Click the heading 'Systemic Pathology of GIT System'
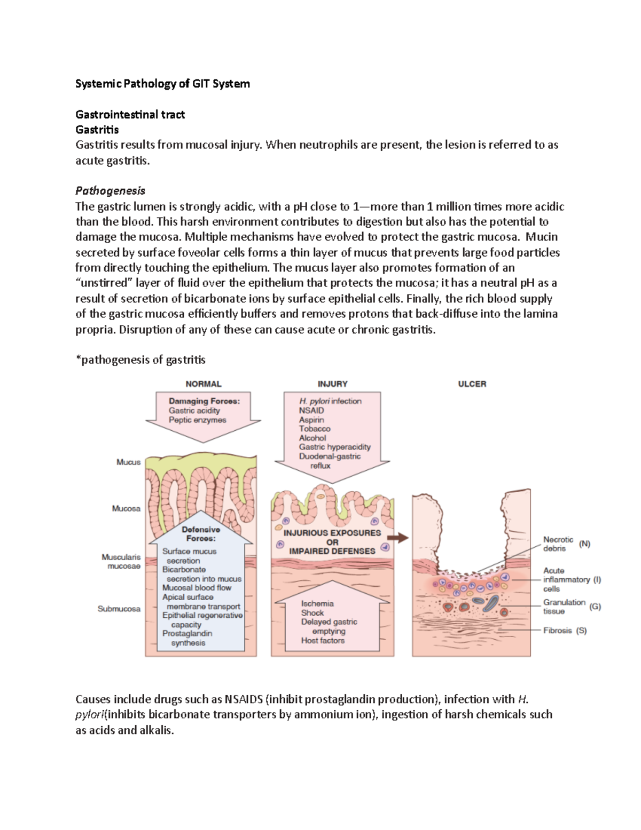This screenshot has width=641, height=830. tap(162, 83)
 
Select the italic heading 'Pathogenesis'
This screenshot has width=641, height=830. tap(110, 191)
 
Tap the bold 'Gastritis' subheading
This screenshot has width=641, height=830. tap(97, 129)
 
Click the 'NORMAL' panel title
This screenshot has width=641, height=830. tap(203, 384)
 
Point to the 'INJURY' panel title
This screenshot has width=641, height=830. tap(332, 384)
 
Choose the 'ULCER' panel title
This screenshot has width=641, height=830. tap(472, 384)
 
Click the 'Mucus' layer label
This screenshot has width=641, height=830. tap(128, 462)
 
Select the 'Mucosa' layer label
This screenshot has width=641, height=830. tap(126, 508)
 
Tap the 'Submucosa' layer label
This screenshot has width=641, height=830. tap(119, 609)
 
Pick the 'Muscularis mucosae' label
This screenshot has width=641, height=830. tap(121, 561)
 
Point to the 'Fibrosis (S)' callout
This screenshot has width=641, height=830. tap(565, 630)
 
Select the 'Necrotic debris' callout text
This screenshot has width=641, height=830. tap(558, 544)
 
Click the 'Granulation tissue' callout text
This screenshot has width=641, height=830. tap(564, 607)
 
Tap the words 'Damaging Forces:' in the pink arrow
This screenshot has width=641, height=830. tap(204, 401)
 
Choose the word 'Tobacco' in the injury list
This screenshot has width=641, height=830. tap(315, 429)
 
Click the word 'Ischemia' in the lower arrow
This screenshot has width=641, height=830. tap(317, 603)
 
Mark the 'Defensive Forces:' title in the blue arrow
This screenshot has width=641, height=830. tap(201, 534)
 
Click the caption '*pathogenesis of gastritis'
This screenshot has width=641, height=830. tap(140, 360)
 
